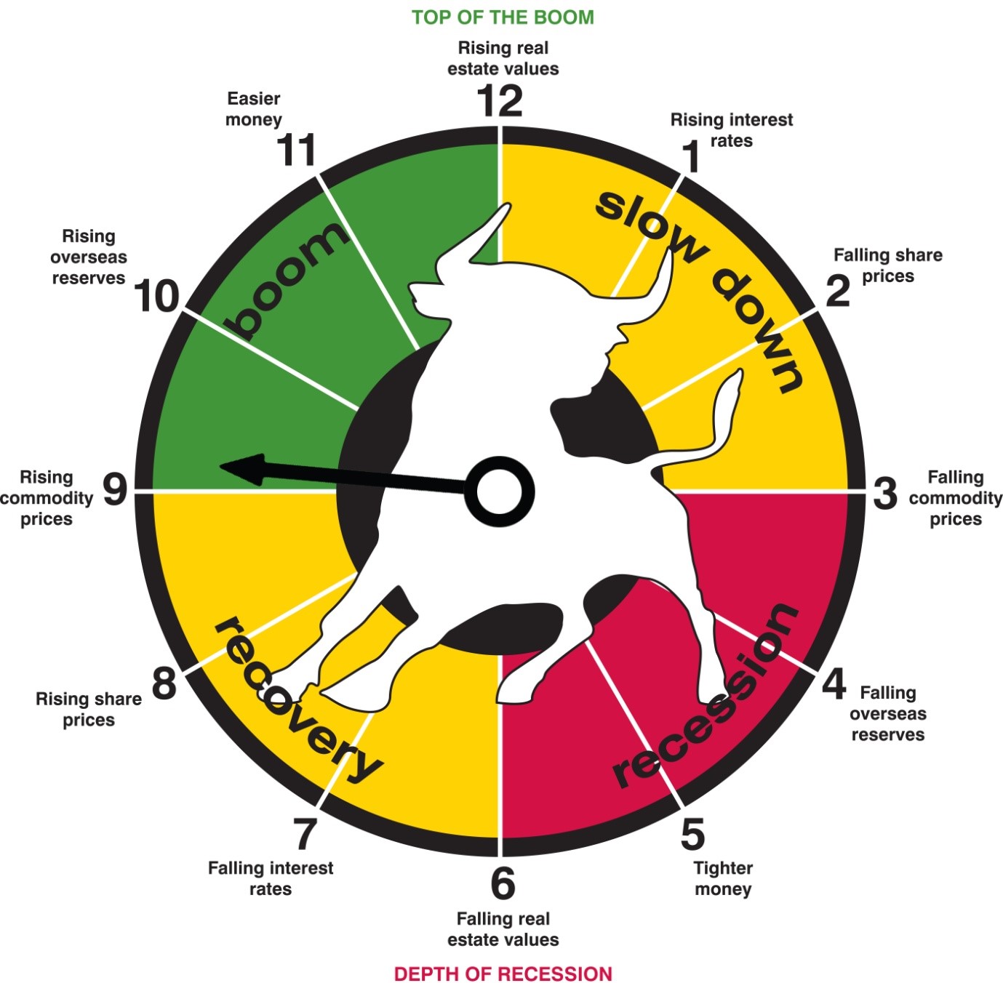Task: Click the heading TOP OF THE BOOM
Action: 503,17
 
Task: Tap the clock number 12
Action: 500,101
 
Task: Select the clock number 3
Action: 885,494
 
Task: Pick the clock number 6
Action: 503,883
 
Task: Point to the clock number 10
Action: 156,296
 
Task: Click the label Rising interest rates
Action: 731,130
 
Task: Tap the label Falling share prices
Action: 888,265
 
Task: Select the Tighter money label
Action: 723,878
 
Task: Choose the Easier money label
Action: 254,109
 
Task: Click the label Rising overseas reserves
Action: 89,257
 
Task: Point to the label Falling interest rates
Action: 271,878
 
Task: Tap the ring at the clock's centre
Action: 499,491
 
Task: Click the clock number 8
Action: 164,683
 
